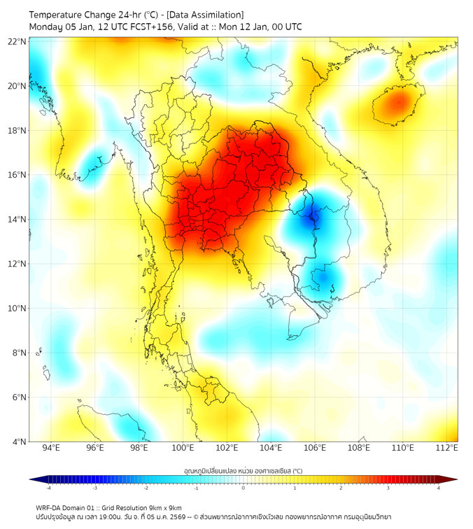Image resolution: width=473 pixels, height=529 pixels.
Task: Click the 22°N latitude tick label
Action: pos(17,41)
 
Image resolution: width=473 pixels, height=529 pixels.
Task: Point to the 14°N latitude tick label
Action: pos(17,220)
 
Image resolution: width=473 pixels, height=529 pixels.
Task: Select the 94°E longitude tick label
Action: pos(51,448)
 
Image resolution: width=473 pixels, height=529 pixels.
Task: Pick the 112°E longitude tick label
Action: pos(447,448)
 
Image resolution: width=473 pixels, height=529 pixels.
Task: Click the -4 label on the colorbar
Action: pos(48,488)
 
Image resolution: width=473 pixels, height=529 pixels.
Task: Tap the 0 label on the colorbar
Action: pos(243,488)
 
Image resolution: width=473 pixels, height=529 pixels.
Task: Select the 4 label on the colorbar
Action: pos(439,488)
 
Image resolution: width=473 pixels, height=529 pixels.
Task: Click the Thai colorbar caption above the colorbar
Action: pos(243,470)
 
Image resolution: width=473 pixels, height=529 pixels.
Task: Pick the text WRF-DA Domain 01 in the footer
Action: pos(67,508)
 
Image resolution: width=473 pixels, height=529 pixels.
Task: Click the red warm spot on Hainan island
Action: pos(398,104)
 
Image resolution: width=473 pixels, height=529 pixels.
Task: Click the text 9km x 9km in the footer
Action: pos(164,508)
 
